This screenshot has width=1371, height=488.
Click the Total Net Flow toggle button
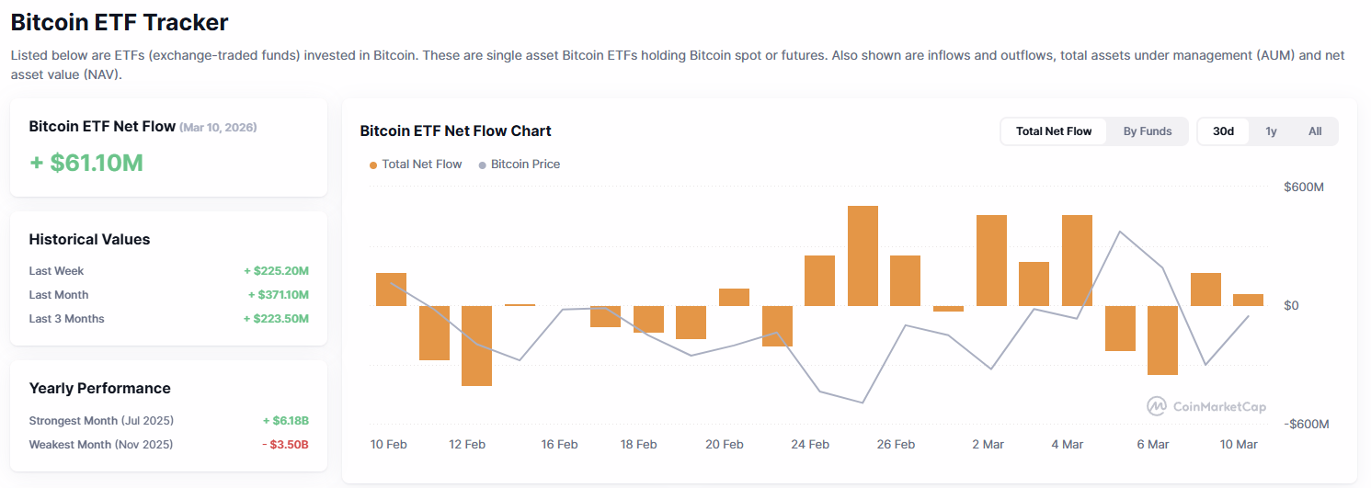(x=1054, y=131)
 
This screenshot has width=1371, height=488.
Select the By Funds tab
(x=1148, y=131)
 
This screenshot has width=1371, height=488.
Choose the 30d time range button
(x=1223, y=131)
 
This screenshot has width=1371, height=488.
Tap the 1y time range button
(x=1271, y=131)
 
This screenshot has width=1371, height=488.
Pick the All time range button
(x=1315, y=131)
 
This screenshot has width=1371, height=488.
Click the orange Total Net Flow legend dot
(x=373, y=165)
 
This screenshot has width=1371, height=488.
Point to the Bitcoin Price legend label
(x=525, y=165)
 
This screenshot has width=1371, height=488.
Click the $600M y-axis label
(x=1303, y=187)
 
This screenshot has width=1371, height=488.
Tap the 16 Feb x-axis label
(x=559, y=445)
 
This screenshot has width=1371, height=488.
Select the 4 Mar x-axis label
(x=1068, y=445)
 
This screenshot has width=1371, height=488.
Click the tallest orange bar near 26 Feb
(x=863, y=255)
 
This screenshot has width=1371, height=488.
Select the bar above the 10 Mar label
(x=1248, y=300)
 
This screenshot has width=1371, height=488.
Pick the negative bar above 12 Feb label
(x=476, y=346)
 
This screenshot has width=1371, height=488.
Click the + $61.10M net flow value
(x=86, y=163)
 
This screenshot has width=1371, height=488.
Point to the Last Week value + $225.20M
(x=276, y=271)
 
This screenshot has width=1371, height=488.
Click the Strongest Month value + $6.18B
(x=285, y=421)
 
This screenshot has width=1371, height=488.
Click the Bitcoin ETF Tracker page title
(x=120, y=22)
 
